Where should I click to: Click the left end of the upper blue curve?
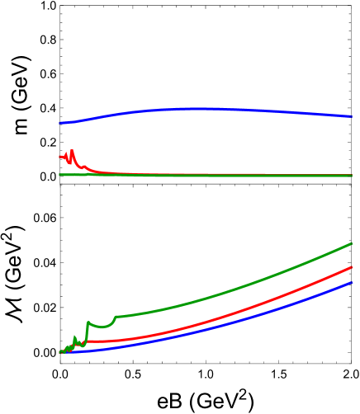pos(60,123)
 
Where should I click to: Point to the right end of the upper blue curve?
pos(352,116)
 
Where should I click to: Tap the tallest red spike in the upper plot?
pos(73,150)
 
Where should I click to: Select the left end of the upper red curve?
pos(60,155)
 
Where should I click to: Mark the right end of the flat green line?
pos(352,175)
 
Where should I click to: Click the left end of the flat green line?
pos(60,175)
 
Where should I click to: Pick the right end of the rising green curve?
pos(352,243)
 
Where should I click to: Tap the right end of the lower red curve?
pos(352,267)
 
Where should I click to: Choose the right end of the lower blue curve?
pos(352,282)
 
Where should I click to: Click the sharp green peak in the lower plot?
pos(88,322)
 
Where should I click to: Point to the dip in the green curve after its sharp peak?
pos(103,327)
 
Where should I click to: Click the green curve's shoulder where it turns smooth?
pos(116,317)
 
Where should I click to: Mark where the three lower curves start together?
pos(60,352)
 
